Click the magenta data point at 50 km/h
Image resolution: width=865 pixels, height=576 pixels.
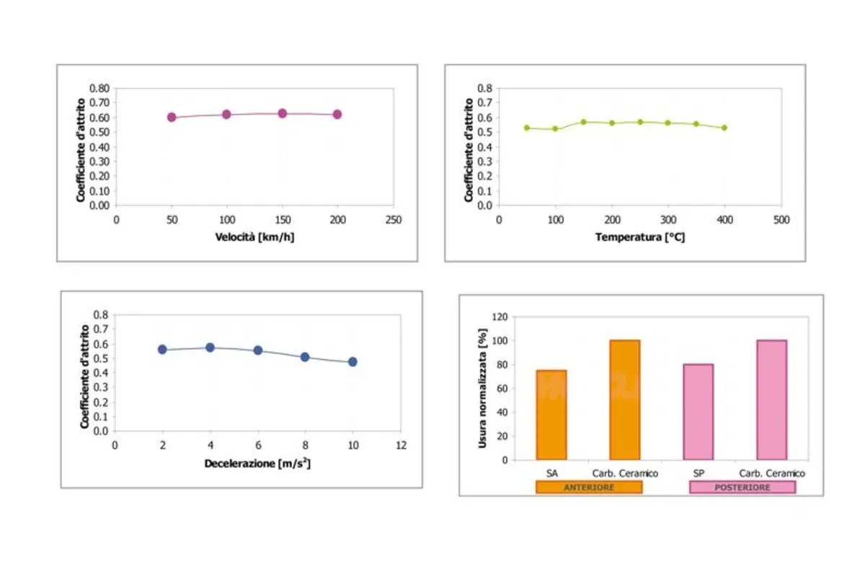click(x=172, y=117)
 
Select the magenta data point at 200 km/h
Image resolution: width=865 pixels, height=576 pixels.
click(x=337, y=115)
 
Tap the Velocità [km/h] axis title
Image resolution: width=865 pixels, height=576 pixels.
click(x=254, y=237)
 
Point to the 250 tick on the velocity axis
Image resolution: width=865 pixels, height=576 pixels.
click(x=394, y=220)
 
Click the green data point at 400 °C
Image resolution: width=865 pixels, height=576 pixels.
click(x=724, y=128)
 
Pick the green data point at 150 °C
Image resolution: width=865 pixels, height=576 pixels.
click(x=583, y=122)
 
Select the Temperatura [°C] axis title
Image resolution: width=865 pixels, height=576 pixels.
click(x=640, y=237)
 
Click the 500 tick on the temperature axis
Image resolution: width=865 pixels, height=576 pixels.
click(x=781, y=220)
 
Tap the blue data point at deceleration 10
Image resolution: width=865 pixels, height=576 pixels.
click(x=352, y=362)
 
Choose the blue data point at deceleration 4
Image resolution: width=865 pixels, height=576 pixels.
click(x=210, y=347)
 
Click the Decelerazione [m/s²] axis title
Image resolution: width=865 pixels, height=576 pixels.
click(x=257, y=463)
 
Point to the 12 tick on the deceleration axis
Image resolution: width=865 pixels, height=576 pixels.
click(x=402, y=446)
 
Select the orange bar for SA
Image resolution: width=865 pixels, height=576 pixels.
click(x=551, y=415)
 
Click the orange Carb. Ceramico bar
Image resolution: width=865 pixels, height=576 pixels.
click(x=625, y=400)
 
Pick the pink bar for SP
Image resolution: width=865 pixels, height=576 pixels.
click(x=698, y=412)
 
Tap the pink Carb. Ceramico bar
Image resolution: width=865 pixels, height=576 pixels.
click(x=771, y=400)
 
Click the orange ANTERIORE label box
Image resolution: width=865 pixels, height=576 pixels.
click(x=589, y=487)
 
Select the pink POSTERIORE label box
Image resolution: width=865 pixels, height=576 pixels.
click(x=742, y=487)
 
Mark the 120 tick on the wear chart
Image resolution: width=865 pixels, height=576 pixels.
click(x=500, y=317)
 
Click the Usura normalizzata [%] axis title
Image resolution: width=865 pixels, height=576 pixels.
click(x=482, y=389)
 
